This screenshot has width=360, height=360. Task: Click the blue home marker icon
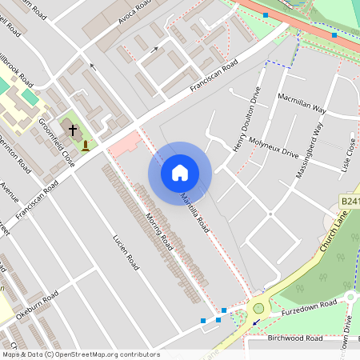point(179,173)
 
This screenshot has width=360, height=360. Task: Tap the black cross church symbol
point(73,129)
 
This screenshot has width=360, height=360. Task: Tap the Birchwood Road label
point(296,338)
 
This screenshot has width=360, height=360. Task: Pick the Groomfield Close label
point(57,143)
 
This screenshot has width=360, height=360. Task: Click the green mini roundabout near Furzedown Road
point(258,309)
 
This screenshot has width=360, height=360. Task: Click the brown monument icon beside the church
point(86,146)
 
